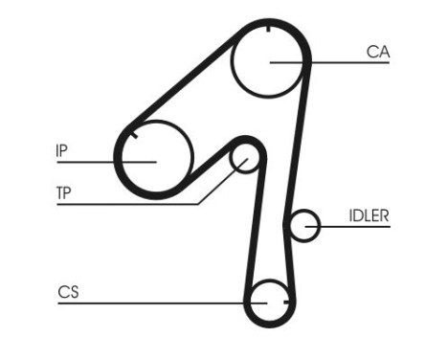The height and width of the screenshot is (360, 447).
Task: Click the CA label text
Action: (377, 53)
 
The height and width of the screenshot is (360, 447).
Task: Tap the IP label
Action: (61, 150)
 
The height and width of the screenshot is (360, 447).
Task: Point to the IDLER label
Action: (369, 215)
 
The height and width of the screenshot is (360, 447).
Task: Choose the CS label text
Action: (67, 292)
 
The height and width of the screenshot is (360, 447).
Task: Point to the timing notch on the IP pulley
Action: (136, 135)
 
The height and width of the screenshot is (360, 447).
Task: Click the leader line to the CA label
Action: (335, 63)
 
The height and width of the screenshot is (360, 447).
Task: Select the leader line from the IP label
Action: (96, 162)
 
